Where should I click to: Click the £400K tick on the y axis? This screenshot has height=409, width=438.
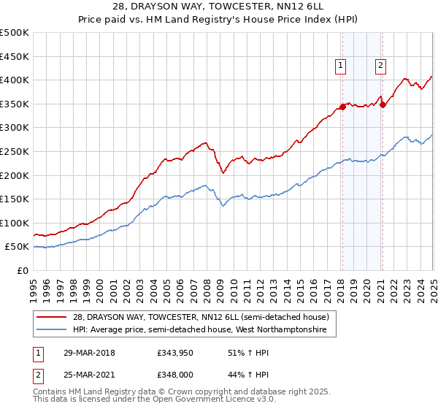click(15, 80)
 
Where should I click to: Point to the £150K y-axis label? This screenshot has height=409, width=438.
click(15, 199)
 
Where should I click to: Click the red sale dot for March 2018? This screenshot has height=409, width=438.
click(342, 107)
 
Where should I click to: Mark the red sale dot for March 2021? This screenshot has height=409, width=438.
click(382, 104)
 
